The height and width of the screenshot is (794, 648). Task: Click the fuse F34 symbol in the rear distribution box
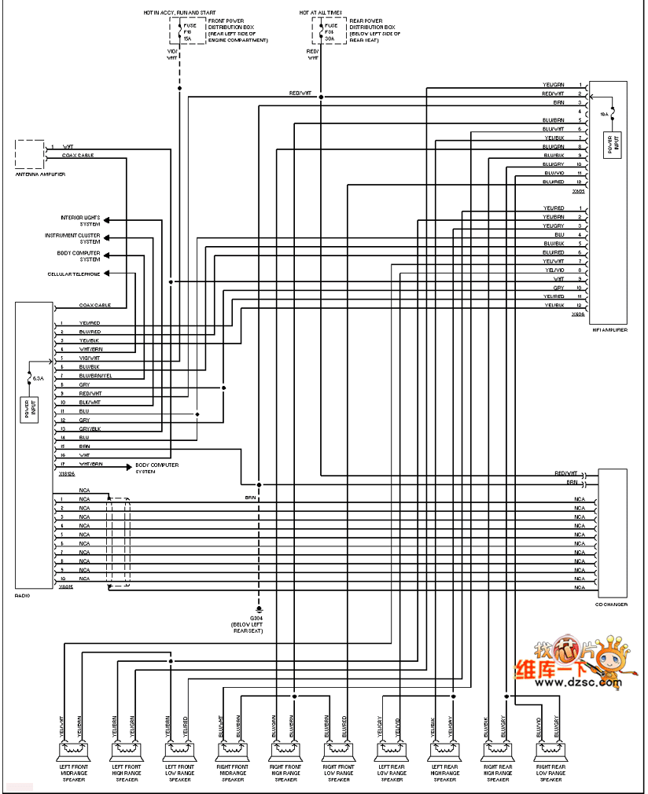(x=322, y=32)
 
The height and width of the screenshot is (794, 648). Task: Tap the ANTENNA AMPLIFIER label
(x=40, y=173)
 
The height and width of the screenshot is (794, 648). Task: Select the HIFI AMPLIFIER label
(x=609, y=330)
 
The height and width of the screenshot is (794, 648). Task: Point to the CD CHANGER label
(x=611, y=603)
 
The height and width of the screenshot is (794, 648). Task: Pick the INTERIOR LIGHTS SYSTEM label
(x=80, y=220)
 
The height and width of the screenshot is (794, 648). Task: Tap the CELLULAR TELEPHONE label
(x=73, y=274)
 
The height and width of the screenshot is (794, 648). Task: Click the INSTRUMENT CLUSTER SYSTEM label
(x=72, y=238)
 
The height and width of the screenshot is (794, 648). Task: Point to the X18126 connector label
(x=67, y=474)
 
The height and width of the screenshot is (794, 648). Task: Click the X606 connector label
(x=579, y=314)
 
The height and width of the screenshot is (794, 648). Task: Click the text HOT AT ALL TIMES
(x=320, y=13)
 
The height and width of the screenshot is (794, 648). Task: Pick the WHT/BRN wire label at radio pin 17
(x=90, y=465)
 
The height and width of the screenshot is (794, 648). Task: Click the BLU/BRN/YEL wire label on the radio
(x=95, y=376)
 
